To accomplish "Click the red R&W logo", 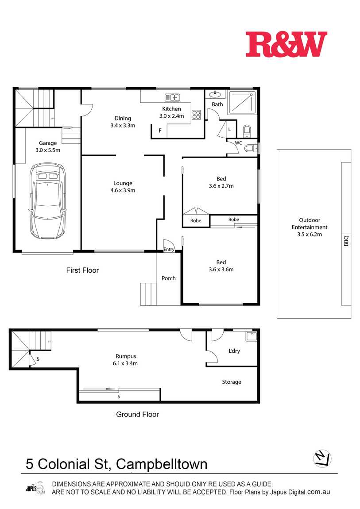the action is [x=286, y=44].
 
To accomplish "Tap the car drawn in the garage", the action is [x=47, y=201].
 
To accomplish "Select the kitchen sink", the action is [x=172, y=97].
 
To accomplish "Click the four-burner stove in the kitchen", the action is [x=196, y=115].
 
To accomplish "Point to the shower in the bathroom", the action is [x=242, y=102].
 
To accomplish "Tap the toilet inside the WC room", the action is [x=251, y=148].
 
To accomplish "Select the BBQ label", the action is [x=346, y=240].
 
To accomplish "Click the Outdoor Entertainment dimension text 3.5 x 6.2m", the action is [x=310, y=235].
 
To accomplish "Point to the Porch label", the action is [x=168, y=278].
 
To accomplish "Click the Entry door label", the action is [x=169, y=249].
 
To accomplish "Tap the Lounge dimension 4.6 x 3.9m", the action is [x=123, y=190].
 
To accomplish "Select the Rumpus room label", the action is [x=126, y=356].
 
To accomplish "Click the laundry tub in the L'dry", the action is [x=251, y=336].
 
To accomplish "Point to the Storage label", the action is [x=232, y=382].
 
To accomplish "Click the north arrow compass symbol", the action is [x=322, y=459].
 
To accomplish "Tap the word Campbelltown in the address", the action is [x=162, y=465].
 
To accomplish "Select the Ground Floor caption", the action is [x=138, y=414].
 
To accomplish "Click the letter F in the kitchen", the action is [x=160, y=131].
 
